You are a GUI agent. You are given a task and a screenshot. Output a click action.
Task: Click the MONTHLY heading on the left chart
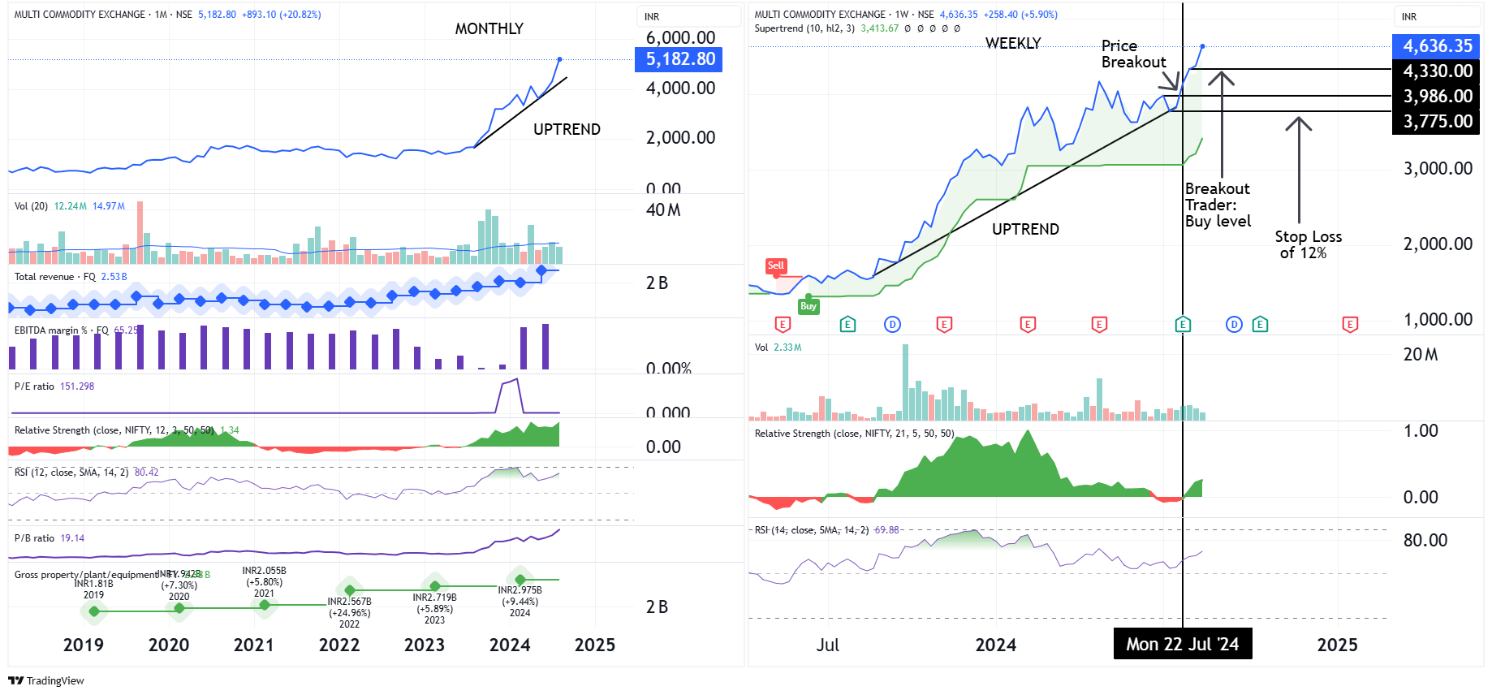pos(489,28)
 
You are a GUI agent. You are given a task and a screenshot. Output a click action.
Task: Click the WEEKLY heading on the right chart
pos(1012,43)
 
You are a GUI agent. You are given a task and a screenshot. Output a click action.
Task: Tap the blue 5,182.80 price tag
pos(679,59)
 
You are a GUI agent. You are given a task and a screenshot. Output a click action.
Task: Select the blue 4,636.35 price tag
pos(1437,46)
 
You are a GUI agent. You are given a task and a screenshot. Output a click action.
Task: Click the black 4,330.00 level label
pos(1437,71)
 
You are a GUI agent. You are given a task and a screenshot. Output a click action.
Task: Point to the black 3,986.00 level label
pos(1437,97)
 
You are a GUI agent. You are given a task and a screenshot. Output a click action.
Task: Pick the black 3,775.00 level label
pos(1437,122)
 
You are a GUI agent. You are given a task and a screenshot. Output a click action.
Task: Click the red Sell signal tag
pos(776,265)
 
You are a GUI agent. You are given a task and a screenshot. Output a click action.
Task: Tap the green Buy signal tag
pos(808,306)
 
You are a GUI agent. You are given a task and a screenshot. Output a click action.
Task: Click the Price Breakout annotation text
pos(1132,54)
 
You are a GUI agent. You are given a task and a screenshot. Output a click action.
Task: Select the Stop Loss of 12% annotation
pos(1307,244)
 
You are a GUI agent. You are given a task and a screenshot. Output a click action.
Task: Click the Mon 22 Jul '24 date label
pos(1182,644)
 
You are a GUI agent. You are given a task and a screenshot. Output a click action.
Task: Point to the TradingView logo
pos(46,680)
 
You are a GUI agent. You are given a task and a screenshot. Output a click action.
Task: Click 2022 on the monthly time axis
pos(339,645)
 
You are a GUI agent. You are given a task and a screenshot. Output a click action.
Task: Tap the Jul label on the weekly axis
pos(827,645)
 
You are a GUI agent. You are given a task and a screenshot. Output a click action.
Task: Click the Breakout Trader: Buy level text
pos(1217,205)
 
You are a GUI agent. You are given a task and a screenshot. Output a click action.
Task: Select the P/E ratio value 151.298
pos(77,386)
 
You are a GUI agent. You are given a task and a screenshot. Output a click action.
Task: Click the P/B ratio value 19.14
pos(72,538)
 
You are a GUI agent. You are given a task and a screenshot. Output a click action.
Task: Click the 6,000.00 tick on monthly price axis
pos(680,37)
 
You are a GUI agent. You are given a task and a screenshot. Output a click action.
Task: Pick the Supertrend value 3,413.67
pos(879,28)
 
